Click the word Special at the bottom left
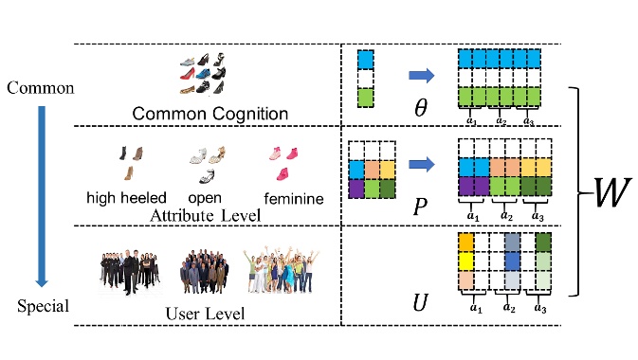coord(41,307)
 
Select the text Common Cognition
coord(210,114)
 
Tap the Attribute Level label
coord(205,216)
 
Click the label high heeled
coord(126,199)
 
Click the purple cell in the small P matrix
coord(355,188)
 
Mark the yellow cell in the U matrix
coord(465,261)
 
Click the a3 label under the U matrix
coord(540,307)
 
